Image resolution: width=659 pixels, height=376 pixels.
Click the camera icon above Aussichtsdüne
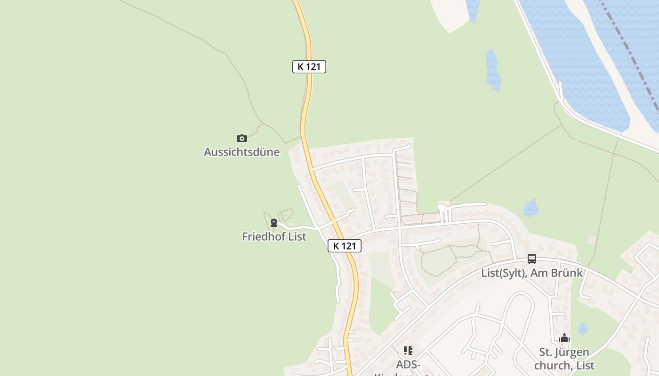point(241,138)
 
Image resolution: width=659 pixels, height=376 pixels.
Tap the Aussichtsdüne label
point(241,152)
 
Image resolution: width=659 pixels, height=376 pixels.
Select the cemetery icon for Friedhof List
point(274,223)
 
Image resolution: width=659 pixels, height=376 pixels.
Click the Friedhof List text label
point(274,236)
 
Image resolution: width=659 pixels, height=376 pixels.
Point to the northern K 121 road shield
point(309,67)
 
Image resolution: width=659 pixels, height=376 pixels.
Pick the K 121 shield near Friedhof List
point(344,245)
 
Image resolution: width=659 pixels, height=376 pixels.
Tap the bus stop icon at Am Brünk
point(531,259)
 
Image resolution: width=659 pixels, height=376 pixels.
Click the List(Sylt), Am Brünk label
point(531,273)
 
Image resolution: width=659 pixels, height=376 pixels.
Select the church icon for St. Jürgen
point(564,338)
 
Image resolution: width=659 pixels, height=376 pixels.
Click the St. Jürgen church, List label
point(564,359)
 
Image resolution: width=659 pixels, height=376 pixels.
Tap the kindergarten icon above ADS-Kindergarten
point(408,351)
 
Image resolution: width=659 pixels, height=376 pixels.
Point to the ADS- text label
point(408,364)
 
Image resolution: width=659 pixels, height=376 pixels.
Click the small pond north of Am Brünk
point(531,208)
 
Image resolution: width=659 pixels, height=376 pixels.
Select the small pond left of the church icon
point(583,329)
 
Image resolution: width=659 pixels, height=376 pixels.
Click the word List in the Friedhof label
point(297,236)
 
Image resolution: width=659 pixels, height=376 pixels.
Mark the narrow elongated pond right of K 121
point(492,70)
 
